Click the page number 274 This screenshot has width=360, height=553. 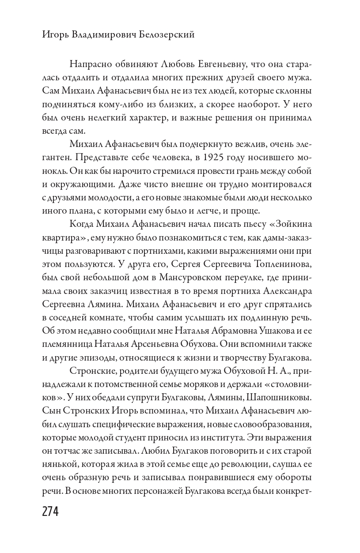tap(50, 511)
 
